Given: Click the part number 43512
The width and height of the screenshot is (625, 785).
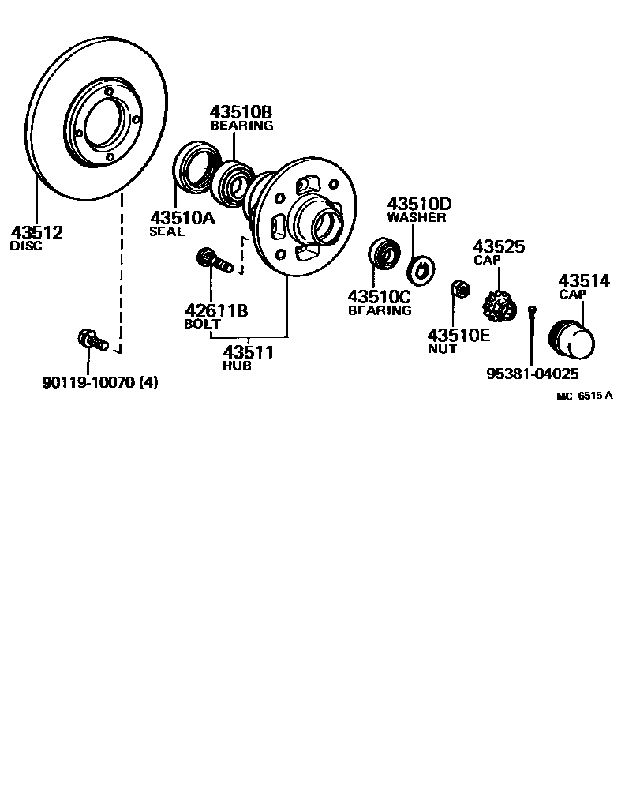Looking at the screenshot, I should click(x=36, y=233).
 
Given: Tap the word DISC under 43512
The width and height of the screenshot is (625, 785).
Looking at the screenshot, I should click(x=26, y=246).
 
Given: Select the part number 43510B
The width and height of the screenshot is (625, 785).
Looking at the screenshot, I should click(x=241, y=112).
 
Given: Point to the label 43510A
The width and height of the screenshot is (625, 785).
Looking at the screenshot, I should click(x=182, y=218).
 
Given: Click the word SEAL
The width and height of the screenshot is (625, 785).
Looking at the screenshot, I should click(x=167, y=232).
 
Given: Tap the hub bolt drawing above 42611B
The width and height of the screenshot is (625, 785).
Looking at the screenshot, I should click(x=213, y=260).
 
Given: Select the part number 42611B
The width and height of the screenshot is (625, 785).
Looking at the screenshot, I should click(x=216, y=310).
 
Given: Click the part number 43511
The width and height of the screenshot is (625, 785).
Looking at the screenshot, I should click(x=248, y=352).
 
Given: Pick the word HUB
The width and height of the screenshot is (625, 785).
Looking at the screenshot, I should click(x=238, y=366).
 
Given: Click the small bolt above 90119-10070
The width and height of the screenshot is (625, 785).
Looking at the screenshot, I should click(x=91, y=340).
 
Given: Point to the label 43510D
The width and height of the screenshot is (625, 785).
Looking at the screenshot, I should click(x=419, y=204).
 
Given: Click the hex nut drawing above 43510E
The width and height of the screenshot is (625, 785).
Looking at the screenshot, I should click(x=458, y=290).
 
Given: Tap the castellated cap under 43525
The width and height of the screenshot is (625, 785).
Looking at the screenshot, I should click(x=500, y=305).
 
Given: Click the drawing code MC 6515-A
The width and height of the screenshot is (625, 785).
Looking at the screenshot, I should click(x=584, y=396).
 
